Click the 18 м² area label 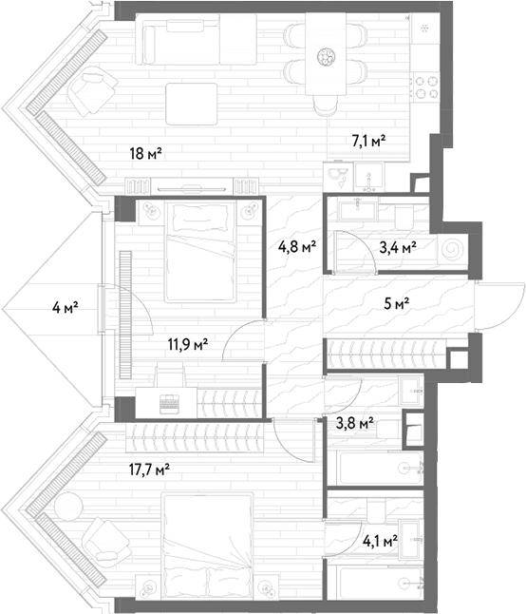point(146,153)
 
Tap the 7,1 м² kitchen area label point(368,141)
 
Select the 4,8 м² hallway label point(297,247)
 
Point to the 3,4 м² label point(398,247)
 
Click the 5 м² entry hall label point(397,303)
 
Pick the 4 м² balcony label point(66,307)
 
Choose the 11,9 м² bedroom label point(188,345)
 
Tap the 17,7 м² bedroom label point(149,469)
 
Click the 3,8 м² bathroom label point(355,423)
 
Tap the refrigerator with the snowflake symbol point(424,29)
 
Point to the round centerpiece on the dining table point(327,56)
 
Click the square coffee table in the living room point(192,104)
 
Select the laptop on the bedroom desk point(169,404)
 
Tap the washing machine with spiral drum point(453,249)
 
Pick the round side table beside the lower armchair point(68,508)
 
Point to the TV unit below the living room point(192,185)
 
